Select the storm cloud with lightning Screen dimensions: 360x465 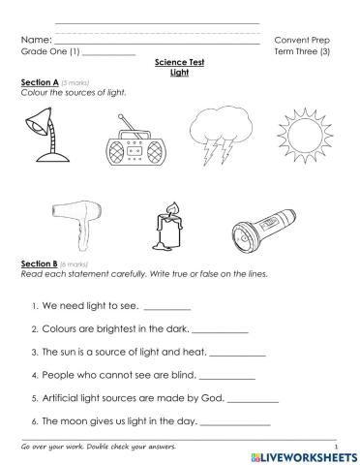218,137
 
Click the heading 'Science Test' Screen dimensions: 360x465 179,62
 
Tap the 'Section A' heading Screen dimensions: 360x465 40,83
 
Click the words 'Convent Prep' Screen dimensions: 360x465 302,40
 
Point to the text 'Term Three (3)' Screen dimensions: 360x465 302,51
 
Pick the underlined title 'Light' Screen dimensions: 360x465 179,72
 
